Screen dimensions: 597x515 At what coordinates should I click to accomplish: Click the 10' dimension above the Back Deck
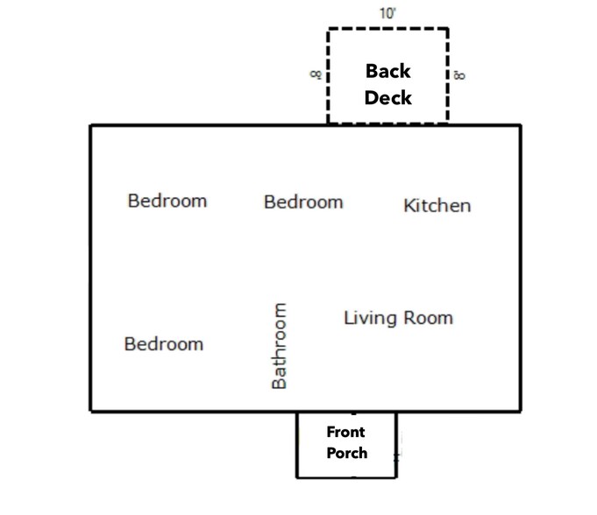point(387,14)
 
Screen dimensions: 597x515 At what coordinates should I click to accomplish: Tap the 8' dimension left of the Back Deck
point(316,74)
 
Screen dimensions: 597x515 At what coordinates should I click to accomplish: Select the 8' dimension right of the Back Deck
point(459,75)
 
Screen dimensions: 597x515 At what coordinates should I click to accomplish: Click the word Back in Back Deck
point(388,71)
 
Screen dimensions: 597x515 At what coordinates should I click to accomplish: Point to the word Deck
point(388,98)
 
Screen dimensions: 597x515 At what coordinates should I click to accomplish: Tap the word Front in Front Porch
point(345,432)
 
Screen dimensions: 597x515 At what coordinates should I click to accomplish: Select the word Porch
point(347,453)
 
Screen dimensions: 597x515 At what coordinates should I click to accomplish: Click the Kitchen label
point(437,206)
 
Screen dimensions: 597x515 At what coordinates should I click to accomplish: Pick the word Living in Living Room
point(371,318)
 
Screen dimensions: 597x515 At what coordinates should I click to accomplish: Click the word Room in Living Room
point(429,318)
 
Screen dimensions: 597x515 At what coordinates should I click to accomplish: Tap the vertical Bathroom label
point(279,346)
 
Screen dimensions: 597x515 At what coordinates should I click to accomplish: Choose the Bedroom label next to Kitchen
point(303,202)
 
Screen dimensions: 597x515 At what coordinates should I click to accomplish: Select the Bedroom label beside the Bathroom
point(164,344)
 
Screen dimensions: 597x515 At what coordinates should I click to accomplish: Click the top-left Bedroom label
point(167,201)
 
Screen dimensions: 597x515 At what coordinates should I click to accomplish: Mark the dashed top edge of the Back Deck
point(387,28)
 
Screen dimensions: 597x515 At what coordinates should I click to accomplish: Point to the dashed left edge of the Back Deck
point(328,75)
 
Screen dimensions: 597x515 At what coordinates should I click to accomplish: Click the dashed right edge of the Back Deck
point(447,75)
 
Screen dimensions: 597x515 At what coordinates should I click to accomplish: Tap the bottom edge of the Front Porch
point(347,477)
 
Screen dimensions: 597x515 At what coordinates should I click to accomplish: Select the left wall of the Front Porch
point(297,445)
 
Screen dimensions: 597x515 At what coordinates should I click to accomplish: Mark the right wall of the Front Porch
point(396,445)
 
